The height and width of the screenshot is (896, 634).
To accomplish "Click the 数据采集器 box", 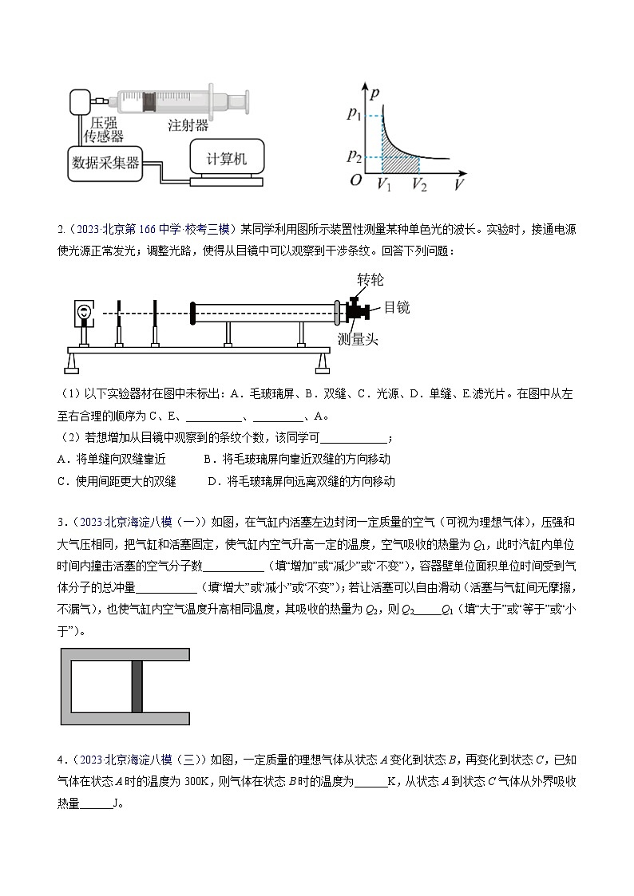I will coord(105,164).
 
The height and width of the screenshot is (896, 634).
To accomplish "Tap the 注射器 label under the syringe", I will coord(188,126).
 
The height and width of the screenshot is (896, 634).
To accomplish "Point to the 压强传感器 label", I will coord(105,130).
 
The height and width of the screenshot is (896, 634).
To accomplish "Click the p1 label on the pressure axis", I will coord(355,115).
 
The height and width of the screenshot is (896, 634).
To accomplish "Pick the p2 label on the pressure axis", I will coord(355,155).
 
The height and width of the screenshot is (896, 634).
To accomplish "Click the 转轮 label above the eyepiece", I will coord(371,280).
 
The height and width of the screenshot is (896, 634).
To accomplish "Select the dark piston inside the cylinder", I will coord(137,686).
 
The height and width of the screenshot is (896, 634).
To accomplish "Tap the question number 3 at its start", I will coord(61,523).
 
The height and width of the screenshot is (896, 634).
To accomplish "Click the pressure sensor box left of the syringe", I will coord(81,101).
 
